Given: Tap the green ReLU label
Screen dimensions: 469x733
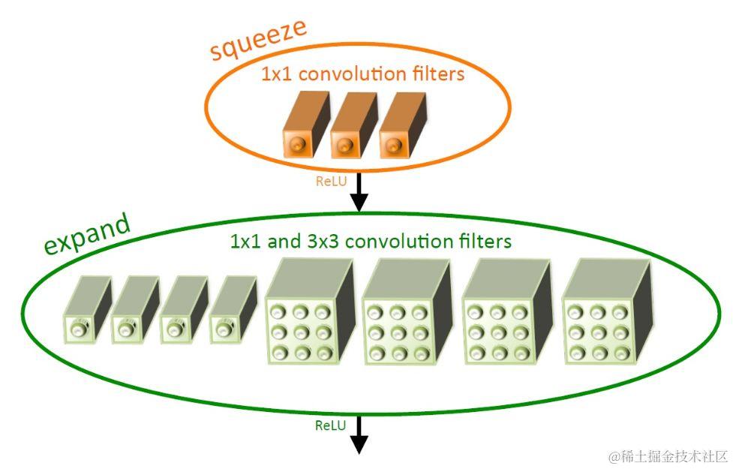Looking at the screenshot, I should coord(330,425).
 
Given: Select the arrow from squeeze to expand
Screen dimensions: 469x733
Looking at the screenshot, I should coord(359,192).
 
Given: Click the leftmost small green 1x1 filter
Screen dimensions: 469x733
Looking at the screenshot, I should coord(85,311).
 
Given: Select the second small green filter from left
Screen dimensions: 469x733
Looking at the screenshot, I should coord(134,311).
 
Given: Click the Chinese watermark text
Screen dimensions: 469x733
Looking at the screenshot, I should coord(668,455).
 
